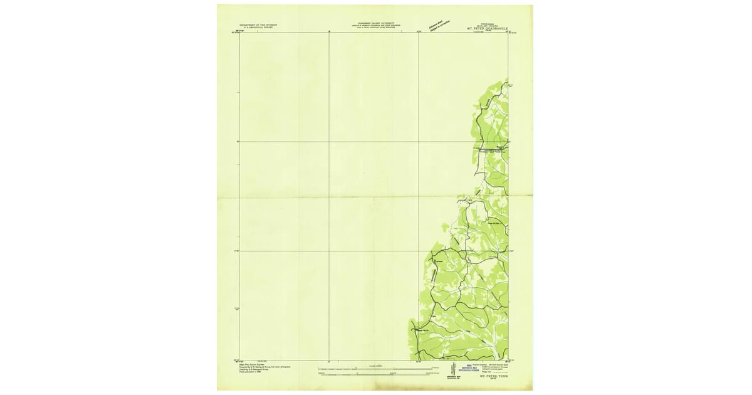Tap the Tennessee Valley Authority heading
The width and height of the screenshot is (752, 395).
(375, 23)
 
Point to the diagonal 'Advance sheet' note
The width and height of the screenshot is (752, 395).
(434, 25)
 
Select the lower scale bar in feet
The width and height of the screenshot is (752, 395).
(375, 374)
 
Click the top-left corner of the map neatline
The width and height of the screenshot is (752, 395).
(240, 32)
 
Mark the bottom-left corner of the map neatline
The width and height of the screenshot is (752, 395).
(240, 361)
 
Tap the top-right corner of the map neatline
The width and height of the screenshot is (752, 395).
(508, 32)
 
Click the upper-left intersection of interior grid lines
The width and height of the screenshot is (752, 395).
(329, 142)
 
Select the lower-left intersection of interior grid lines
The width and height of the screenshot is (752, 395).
(329, 251)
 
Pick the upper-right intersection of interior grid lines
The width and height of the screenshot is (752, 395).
(419, 142)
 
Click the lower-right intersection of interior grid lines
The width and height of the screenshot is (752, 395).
(419, 251)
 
